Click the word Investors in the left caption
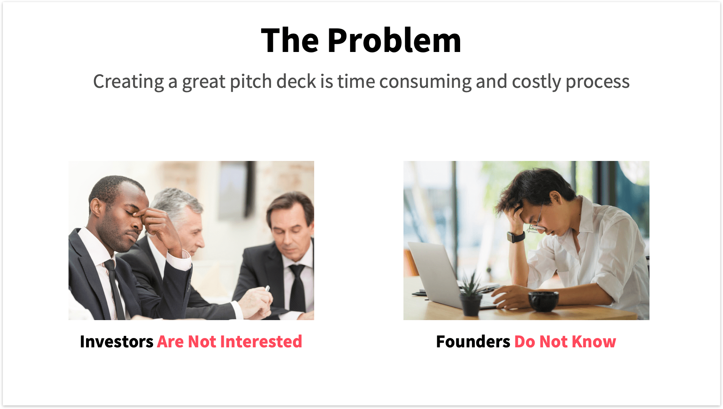click(117, 342)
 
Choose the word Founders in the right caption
click(473, 342)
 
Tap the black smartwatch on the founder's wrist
click(516, 237)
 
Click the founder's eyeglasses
click(537, 226)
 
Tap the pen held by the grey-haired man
click(267, 288)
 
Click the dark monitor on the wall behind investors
click(235, 190)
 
